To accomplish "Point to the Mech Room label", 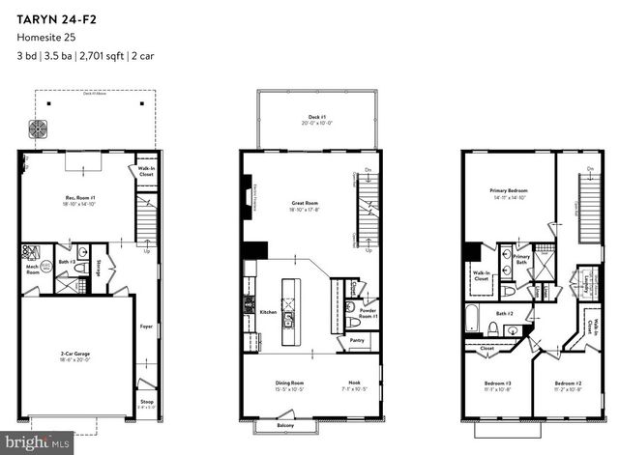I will pyautogui.click(x=32, y=271).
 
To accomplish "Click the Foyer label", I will pyautogui.click(x=145, y=327).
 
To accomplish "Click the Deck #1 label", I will pyautogui.click(x=317, y=119).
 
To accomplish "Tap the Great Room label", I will pyautogui.click(x=306, y=204).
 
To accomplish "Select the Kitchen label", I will pyautogui.click(x=269, y=311).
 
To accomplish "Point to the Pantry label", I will pyautogui.click(x=354, y=341).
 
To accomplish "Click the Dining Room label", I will pyautogui.click(x=289, y=385).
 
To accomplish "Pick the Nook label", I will pyautogui.click(x=356, y=385).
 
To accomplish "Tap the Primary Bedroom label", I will pyautogui.click(x=508, y=192).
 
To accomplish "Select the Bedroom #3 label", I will pyautogui.click(x=498, y=386).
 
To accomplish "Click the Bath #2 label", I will pyautogui.click(x=505, y=314).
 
